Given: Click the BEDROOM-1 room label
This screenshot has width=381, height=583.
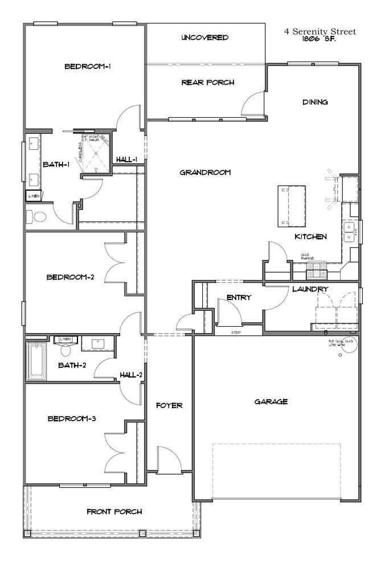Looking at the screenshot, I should tap(87, 67).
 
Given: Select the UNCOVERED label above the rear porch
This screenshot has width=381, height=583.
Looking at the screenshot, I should tap(205, 38).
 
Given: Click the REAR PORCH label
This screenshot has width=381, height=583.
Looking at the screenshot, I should tap(207, 83).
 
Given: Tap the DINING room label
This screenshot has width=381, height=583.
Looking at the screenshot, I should tap(315, 102).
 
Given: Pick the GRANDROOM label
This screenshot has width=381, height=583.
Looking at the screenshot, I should tap(205, 173).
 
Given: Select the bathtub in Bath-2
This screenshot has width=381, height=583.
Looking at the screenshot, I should tap(39, 361).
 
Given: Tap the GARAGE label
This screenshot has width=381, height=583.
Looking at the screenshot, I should tap(271, 401).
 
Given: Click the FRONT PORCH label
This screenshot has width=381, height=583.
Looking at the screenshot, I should tap(114, 511).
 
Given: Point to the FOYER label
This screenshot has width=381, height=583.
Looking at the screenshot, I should tap(169, 405).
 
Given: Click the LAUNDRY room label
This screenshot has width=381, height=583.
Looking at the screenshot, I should tap(310, 289).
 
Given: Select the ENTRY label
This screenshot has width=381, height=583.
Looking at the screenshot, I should tap(239, 297).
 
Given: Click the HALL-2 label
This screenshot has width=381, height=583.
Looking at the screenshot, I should tap(131, 375).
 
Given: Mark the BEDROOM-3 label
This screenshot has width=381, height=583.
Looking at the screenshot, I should tap(71, 418).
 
